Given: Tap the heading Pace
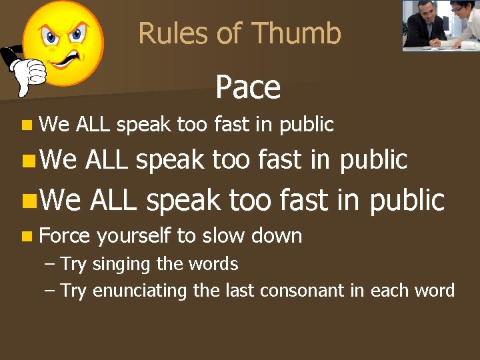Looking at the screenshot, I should pyautogui.click(x=248, y=87).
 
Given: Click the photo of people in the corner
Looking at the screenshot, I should pyautogui.click(x=441, y=25).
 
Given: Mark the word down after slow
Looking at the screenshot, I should pyautogui.click(x=279, y=235).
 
